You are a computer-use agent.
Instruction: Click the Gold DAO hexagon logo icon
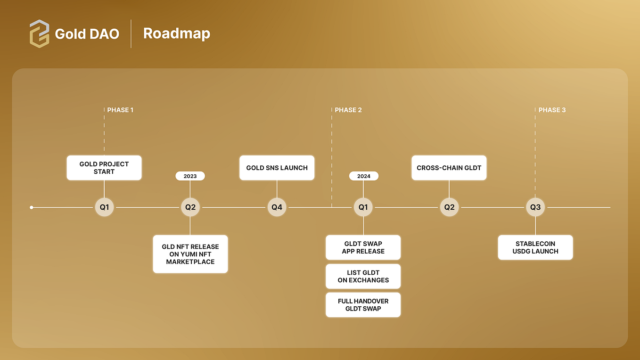[x=39, y=33]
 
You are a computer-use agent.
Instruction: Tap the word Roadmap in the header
[x=177, y=33]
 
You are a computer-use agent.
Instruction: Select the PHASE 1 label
[x=120, y=110]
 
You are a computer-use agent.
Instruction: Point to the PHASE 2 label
[x=348, y=110]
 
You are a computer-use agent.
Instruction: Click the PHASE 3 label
[x=552, y=110]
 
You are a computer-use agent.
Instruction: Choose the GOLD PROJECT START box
[x=104, y=168]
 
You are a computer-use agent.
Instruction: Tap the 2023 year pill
[x=190, y=176]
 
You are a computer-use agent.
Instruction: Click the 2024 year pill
[x=363, y=176]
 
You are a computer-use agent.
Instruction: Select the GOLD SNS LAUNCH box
[x=277, y=168]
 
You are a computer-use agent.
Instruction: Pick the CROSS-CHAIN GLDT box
[x=449, y=168]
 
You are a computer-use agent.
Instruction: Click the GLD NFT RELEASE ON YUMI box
[x=190, y=254]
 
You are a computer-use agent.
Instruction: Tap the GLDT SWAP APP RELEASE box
[x=363, y=247]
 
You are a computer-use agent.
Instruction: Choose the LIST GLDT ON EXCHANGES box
[x=363, y=276]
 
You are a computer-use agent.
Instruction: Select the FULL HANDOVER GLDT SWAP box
[x=363, y=305]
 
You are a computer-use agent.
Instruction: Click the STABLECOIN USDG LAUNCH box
[x=535, y=247]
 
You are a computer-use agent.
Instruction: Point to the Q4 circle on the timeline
[x=277, y=207]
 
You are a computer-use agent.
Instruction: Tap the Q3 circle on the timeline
[x=535, y=207]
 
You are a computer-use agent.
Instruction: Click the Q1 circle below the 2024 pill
[x=363, y=207]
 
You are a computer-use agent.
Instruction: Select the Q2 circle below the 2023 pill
[x=190, y=207]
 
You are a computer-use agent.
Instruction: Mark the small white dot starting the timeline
[x=32, y=207]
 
